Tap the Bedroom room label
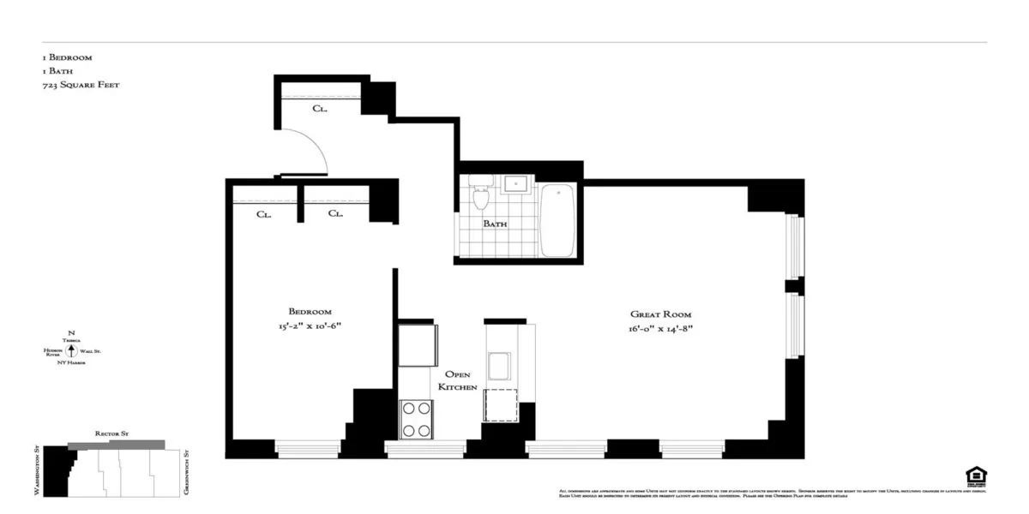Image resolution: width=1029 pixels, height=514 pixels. coord(310,312)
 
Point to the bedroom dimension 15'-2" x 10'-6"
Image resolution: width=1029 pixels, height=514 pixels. coord(310,326)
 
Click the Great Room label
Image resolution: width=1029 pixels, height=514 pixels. coord(660,314)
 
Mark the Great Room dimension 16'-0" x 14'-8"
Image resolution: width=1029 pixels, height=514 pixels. coord(660,329)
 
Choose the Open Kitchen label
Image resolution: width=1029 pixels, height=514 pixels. coord(458,381)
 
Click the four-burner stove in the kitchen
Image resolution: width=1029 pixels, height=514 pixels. coord(416,420)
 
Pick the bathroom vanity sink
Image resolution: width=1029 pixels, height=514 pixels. coord(517,183)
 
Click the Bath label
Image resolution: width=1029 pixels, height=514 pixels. coord(495,224)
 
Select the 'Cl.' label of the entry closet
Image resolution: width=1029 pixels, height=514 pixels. coord(319,109)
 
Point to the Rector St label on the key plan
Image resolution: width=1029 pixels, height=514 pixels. coord(112,434)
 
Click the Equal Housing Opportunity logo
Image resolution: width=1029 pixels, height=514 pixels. coord(975,475)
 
